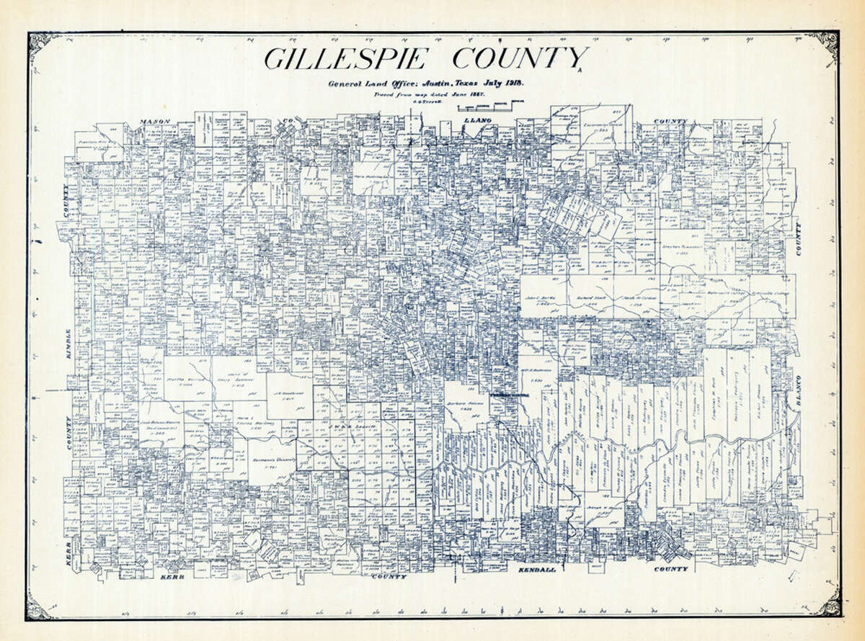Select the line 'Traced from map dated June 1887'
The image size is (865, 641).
coord(418,94)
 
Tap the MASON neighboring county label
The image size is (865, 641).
coord(154,121)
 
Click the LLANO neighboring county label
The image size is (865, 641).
coord(478,120)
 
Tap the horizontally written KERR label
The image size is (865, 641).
coord(173,578)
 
